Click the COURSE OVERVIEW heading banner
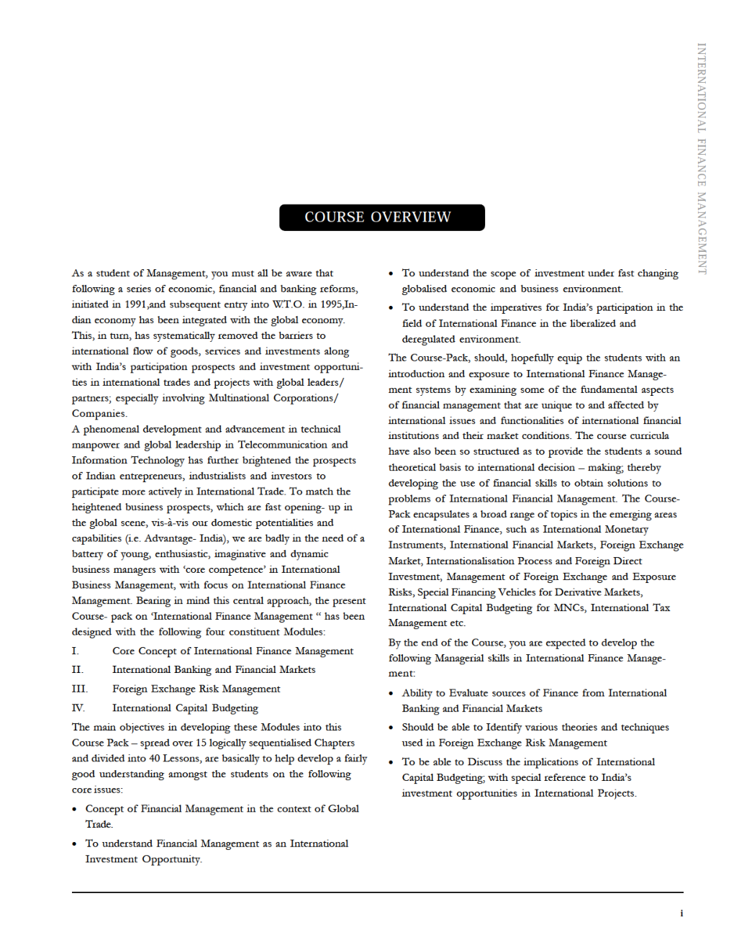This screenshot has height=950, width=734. (381, 217)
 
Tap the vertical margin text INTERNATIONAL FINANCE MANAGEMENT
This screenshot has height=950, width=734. (702, 158)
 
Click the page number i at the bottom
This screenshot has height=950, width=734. (681, 913)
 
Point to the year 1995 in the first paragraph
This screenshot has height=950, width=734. (330, 304)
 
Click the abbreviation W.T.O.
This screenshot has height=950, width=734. (288, 304)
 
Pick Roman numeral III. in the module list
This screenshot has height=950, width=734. (79, 689)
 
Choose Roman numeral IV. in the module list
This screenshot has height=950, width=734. (78, 708)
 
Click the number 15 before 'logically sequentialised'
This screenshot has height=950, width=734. (201, 743)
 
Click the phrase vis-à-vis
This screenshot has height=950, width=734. (169, 523)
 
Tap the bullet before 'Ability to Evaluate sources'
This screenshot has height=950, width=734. (391, 694)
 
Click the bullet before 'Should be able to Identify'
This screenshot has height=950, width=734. (391, 728)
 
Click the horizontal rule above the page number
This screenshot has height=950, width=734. (377, 892)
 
